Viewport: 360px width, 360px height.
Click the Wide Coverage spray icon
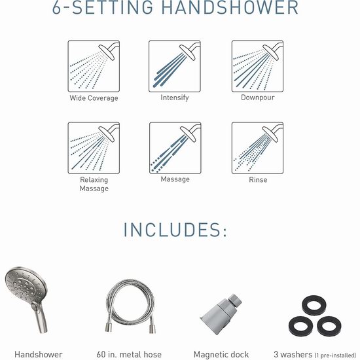tap(94, 66)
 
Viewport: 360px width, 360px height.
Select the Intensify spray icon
tap(175, 66)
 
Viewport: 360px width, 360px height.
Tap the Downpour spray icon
tap(257, 66)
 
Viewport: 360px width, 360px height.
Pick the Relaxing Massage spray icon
tap(94, 148)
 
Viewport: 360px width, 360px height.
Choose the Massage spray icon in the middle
tap(175, 148)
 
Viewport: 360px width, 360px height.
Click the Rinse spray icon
tap(257, 148)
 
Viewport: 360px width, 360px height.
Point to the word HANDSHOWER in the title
tap(230, 8)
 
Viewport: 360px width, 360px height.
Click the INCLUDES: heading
tap(175, 230)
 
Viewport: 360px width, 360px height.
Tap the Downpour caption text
tap(258, 98)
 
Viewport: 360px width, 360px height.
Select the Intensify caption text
tap(175, 98)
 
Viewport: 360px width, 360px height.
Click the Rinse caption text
tap(258, 179)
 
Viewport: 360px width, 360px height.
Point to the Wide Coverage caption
tap(94, 98)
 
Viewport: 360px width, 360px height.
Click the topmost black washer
tap(314, 306)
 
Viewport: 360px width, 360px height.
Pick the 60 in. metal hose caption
tap(129, 354)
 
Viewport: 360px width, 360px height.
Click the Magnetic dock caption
tap(221, 355)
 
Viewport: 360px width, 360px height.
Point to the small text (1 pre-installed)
tap(335, 355)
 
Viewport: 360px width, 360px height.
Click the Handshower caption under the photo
tap(39, 354)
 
